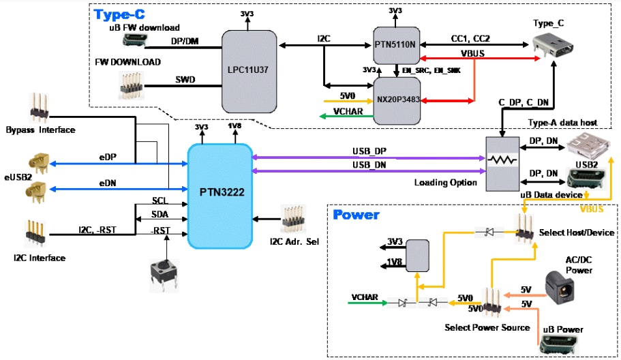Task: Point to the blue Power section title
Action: coord(356,215)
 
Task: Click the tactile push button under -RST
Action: coord(164,274)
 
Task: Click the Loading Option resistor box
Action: coord(502,164)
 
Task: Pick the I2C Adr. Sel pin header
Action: coord(294,218)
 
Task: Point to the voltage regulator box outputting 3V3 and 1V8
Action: coord(418,253)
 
